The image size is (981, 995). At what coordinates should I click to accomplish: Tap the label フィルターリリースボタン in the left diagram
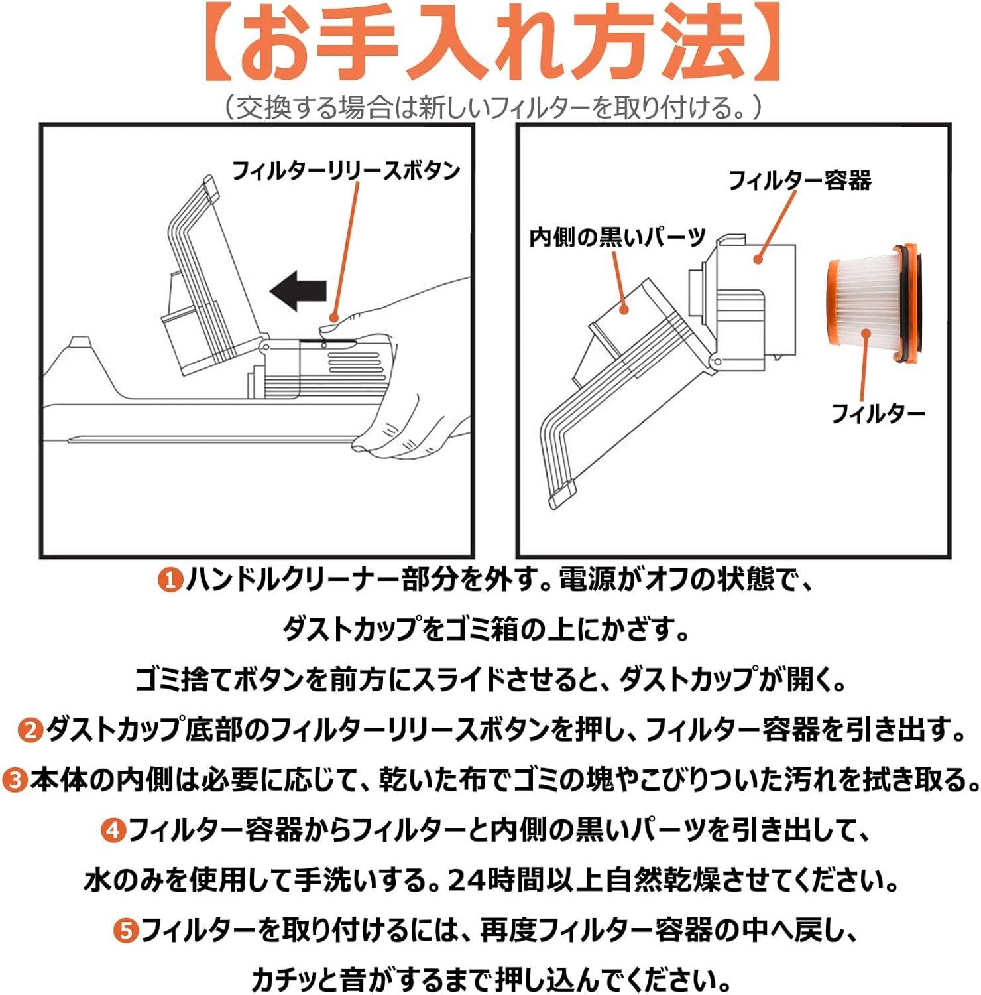pos(345,171)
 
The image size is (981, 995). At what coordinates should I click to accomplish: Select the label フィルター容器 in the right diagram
pos(799,180)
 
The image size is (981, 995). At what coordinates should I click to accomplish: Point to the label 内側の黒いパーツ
pos(617,237)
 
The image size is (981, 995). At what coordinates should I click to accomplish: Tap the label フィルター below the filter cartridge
pos(878,414)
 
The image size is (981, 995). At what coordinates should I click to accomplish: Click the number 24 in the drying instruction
pos(467,881)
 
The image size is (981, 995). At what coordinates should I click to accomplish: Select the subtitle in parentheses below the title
pos(490,107)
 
